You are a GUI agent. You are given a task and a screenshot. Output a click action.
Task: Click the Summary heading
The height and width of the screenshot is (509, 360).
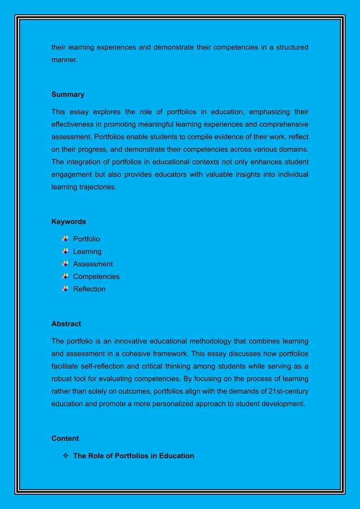tap(68, 94)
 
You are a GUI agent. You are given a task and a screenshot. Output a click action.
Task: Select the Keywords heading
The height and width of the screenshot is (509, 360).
tap(69, 221)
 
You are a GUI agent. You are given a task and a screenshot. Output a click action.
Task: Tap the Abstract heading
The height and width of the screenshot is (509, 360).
tap(66, 324)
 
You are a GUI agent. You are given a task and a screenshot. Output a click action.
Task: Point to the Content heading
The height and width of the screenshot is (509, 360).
tap(65, 438)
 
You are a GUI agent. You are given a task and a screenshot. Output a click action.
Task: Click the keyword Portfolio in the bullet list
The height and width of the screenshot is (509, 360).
tap(86, 239)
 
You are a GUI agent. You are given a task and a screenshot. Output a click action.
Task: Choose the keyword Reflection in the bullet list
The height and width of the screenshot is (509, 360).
tap(89, 289)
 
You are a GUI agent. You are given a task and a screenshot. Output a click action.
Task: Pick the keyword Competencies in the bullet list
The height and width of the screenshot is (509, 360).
tap(96, 277)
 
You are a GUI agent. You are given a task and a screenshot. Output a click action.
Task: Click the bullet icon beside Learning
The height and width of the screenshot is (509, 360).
tap(66, 251)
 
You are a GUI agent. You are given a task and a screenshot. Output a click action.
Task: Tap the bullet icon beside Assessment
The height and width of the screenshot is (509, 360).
tap(66, 264)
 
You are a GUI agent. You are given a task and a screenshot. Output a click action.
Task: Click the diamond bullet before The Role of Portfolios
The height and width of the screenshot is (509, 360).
tap(65, 455)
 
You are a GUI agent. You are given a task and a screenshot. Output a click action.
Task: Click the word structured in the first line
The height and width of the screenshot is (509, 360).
tap(288, 47)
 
